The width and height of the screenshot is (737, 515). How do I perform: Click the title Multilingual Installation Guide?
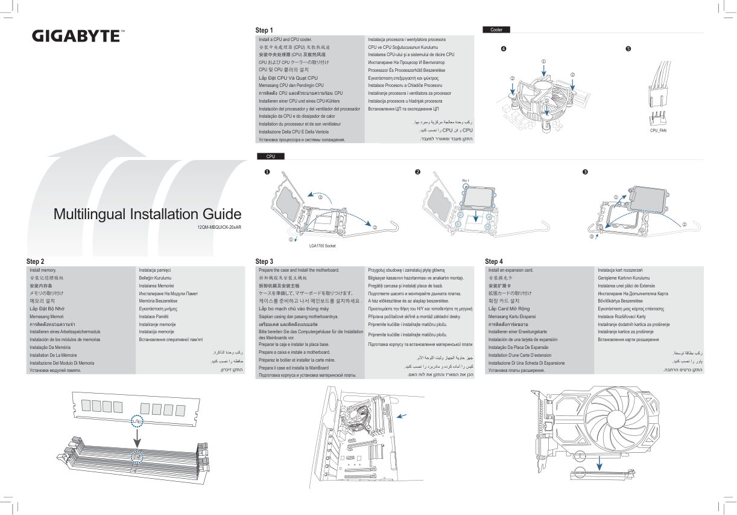click(x=147, y=214)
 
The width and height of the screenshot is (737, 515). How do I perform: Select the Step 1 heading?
click(x=264, y=30)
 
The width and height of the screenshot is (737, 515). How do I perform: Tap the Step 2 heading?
click(x=36, y=261)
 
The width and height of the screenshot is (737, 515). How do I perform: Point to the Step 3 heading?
click(x=264, y=261)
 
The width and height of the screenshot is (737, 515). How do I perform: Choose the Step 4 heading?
click(x=493, y=261)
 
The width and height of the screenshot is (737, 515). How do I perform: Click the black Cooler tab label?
click(x=496, y=30)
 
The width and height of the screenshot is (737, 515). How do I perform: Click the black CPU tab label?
click(x=270, y=156)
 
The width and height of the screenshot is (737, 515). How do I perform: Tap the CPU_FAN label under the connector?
click(x=658, y=130)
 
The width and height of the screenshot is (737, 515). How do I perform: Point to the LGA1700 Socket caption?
click(x=322, y=246)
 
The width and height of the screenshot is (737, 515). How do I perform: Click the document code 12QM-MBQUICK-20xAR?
click(x=219, y=228)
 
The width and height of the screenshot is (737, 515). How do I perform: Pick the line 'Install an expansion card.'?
click(x=510, y=270)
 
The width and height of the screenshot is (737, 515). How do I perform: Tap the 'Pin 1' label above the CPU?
click(x=465, y=181)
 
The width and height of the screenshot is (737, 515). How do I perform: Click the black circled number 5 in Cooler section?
click(x=628, y=48)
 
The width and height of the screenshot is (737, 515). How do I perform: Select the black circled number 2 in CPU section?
click(x=417, y=172)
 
